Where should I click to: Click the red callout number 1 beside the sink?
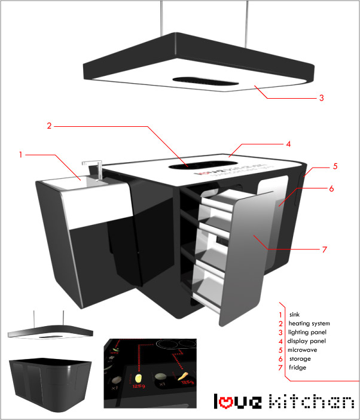click(20, 155)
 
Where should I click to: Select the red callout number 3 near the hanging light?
click(321, 98)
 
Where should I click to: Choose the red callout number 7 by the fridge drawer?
click(325, 249)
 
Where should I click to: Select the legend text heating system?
click(309, 324)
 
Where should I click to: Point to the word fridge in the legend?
click(297, 367)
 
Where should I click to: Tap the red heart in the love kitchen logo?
click(227, 402)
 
